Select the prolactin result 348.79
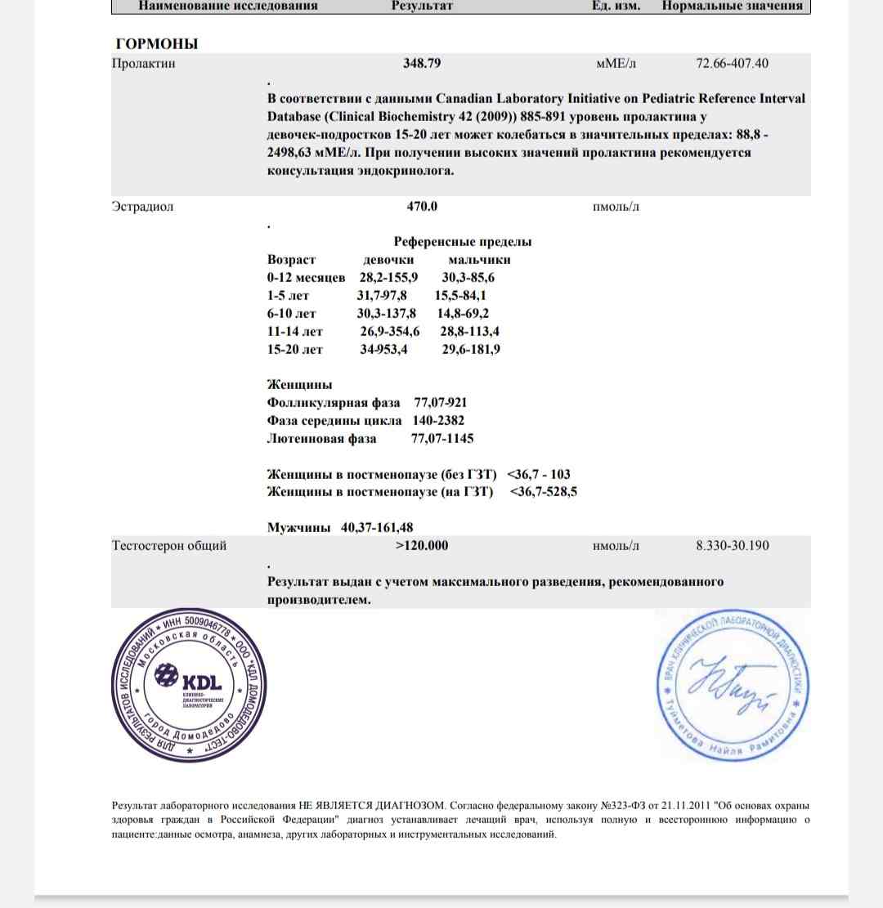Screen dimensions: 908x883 click(422, 63)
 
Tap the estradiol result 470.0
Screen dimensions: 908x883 click(422, 207)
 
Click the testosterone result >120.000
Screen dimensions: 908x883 click(422, 545)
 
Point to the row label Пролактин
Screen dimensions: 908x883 click(143, 63)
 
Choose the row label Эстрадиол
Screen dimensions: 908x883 click(142, 207)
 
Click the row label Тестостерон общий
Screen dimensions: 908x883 click(169, 545)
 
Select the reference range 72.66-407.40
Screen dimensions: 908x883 click(732, 63)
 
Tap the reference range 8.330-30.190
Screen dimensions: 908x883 click(732, 545)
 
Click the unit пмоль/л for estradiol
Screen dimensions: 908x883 click(616, 207)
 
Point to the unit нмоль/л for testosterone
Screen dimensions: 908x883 click(616, 545)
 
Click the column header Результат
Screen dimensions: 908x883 click(422, 6)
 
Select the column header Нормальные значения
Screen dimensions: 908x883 click(733, 6)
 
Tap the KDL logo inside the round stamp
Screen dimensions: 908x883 click(188, 681)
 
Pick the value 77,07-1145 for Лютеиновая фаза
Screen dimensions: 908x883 click(442, 439)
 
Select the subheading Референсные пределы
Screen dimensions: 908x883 click(463, 242)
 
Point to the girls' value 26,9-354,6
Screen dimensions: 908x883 click(390, 331)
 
